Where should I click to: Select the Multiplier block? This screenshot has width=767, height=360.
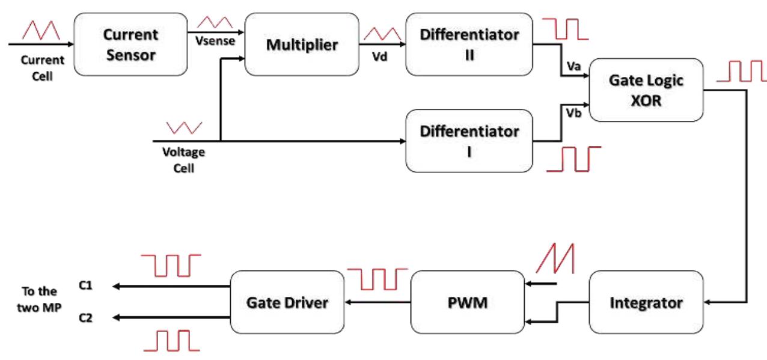(302, 46)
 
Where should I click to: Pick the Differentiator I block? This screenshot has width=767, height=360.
(469, 141)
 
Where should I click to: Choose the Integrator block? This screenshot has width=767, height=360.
(647, 302)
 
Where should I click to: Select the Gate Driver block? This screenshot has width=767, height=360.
(287, 302)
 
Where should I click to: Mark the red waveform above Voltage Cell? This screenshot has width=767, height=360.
(184, 127)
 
